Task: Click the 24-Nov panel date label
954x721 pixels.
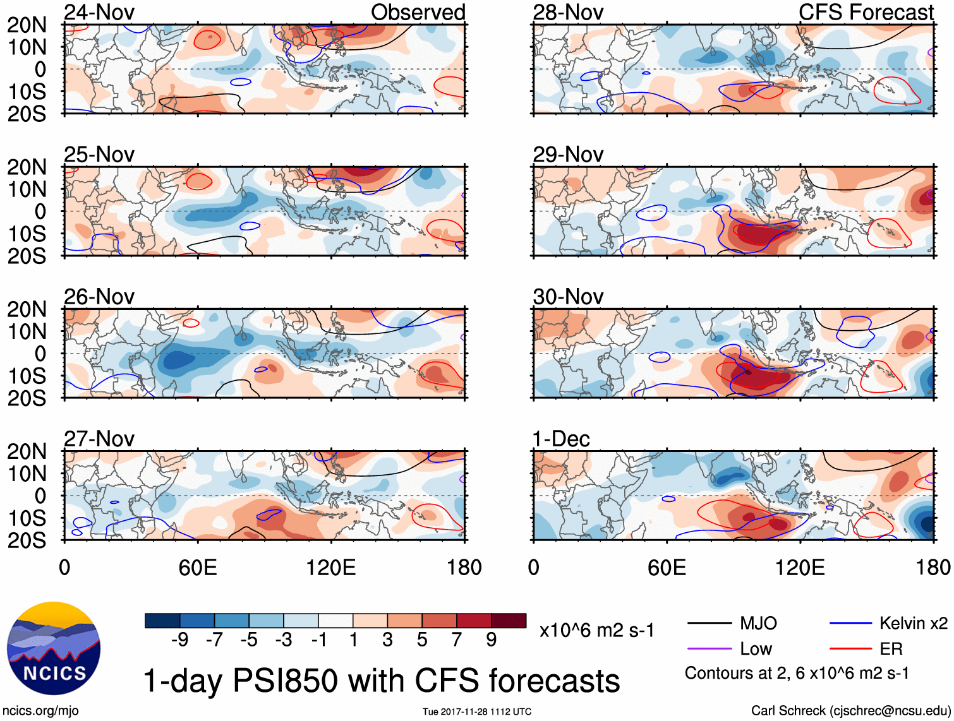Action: click(99, 13)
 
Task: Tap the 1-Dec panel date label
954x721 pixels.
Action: click(561, 439)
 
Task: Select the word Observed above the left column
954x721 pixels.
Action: click(418, 13)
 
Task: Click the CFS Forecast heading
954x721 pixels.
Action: click(866, 13)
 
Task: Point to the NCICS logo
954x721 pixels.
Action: click(54, 648)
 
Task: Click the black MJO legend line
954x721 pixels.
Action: click(709, 624)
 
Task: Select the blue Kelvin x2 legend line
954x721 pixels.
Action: click(850, 624)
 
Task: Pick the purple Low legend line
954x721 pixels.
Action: click(709, 649)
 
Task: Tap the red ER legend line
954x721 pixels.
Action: click(850, 649)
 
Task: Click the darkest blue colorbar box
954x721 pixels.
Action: click(162, 621)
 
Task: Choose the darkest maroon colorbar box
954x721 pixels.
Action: click(509, 621)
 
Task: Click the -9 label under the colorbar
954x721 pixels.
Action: click(179, 640)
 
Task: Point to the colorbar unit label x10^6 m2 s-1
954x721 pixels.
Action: click(597, 630)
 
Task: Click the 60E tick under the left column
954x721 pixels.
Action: click(198, 568)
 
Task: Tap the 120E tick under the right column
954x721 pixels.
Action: click(800, 568)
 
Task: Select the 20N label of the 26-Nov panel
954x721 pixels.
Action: click(27, 309)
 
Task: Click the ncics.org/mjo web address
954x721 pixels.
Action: click(40, 710)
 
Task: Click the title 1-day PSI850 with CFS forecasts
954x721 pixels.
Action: click(382, 681)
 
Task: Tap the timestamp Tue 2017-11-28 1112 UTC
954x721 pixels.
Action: click(477, 712)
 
